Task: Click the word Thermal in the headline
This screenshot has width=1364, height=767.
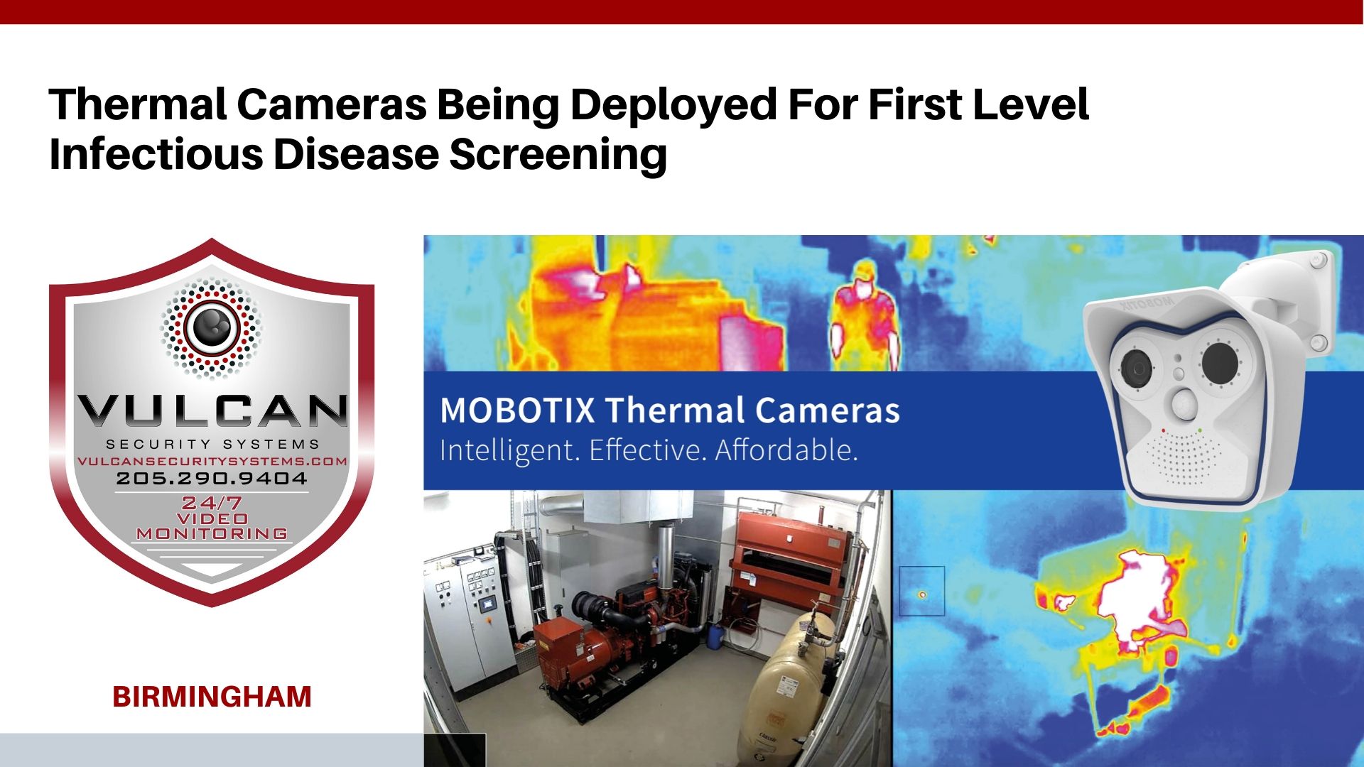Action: point(138,104)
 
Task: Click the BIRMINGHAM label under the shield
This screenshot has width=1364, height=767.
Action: point(212,697)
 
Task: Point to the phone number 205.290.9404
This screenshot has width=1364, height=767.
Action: point(212,479)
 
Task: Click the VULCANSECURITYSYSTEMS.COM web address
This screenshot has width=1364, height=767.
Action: point(212,461)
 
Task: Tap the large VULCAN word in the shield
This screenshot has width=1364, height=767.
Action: point(212,411)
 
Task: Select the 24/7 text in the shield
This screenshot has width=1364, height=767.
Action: point(211,503)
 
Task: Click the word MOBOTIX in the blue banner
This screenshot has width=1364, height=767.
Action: point(517,410)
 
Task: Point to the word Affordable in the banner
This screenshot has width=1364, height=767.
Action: point(786,450)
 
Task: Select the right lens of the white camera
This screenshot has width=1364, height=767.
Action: point(1220,361)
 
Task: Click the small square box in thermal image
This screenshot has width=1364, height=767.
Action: point(921,590)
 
